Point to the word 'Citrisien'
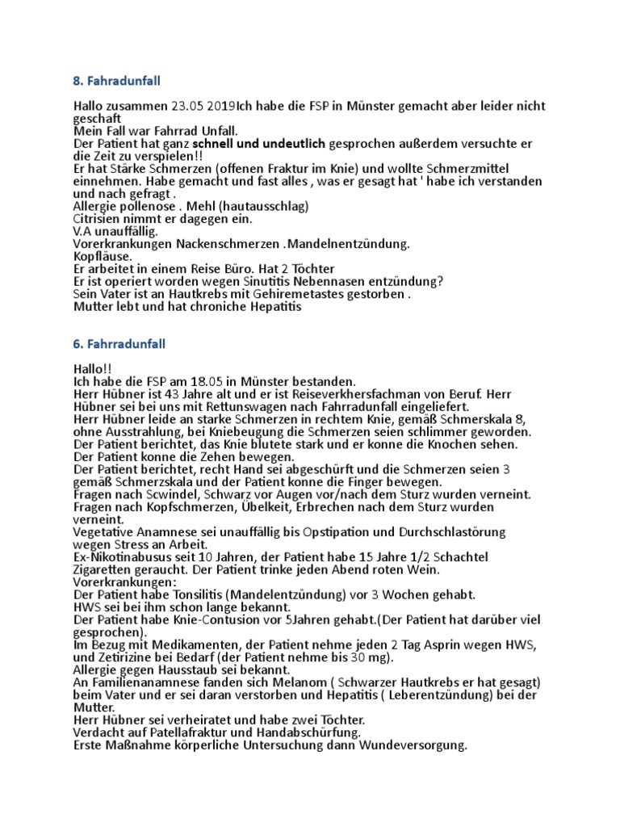(99, 219)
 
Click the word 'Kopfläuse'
(102, 256)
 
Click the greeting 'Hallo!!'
(91, 368)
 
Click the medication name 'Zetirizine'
(126, 657)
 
